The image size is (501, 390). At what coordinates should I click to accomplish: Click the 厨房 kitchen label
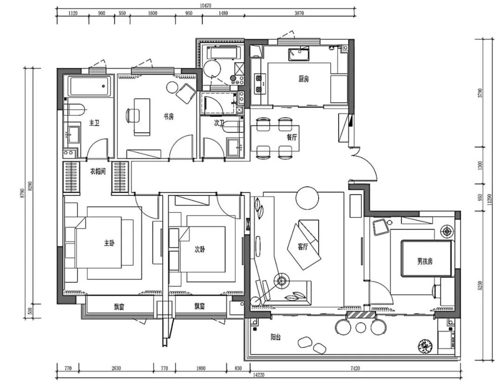(303, 79)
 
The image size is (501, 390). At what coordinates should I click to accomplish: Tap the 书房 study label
(169, 116)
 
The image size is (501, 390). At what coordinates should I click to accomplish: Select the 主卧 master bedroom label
(109, 243)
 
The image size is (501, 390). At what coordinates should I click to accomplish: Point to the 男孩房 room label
(425, 262)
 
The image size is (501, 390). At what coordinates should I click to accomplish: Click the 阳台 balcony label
(276, 337)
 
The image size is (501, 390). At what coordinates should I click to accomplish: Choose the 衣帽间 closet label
(98, 171)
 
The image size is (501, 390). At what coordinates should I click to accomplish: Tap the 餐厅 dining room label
(292, 137)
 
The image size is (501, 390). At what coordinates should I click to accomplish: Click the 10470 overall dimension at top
(206, 6)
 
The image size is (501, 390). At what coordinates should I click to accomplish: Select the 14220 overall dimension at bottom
(259, 375)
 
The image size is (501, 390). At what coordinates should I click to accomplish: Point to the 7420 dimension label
(355, 368)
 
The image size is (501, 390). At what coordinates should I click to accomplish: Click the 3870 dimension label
(299, 13)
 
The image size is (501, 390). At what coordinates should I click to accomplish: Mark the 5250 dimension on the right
(480, 286)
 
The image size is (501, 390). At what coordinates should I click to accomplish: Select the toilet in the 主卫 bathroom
(76, 109)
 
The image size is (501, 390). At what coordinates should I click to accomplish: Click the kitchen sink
(299, 54)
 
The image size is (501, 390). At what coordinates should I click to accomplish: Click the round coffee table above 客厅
(308, 198)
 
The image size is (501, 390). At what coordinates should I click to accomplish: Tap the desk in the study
(142, 117)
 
